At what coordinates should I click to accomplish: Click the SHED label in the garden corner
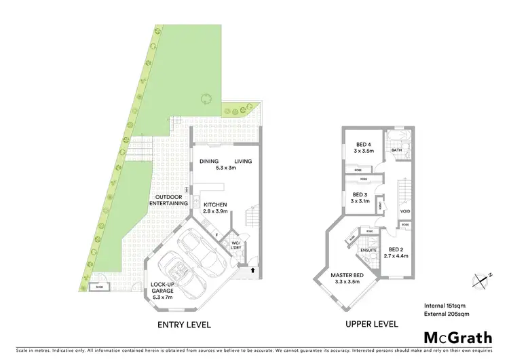(99, 287)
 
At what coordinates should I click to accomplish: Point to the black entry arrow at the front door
(254, 270)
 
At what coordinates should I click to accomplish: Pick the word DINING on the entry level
(209, 161)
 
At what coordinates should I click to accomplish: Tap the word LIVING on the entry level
(243, 161)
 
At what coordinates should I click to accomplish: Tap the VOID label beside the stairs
(405, 211)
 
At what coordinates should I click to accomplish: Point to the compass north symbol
(481, 278)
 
